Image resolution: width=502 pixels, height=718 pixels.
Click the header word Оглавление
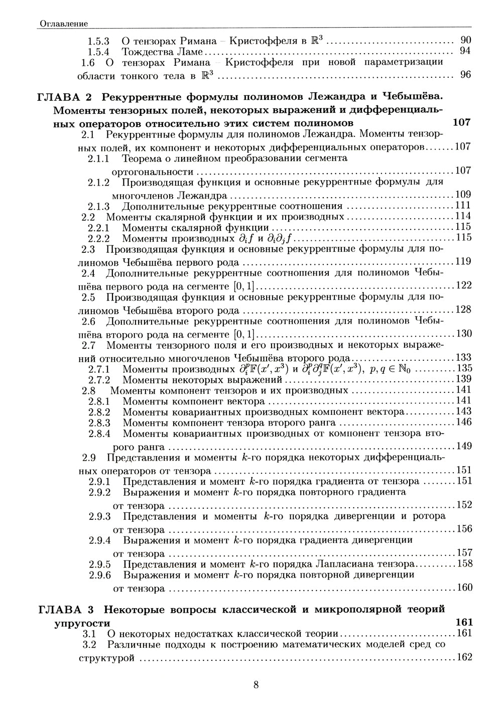(63, 24)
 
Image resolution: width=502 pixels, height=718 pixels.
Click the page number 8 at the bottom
(256, 684)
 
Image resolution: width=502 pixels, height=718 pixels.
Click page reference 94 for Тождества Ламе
(465, 51)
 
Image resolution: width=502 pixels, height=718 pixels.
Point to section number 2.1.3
(99, 206)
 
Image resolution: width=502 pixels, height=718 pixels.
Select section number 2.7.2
(99, 379)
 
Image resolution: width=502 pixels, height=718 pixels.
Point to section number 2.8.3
(99, 422)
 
